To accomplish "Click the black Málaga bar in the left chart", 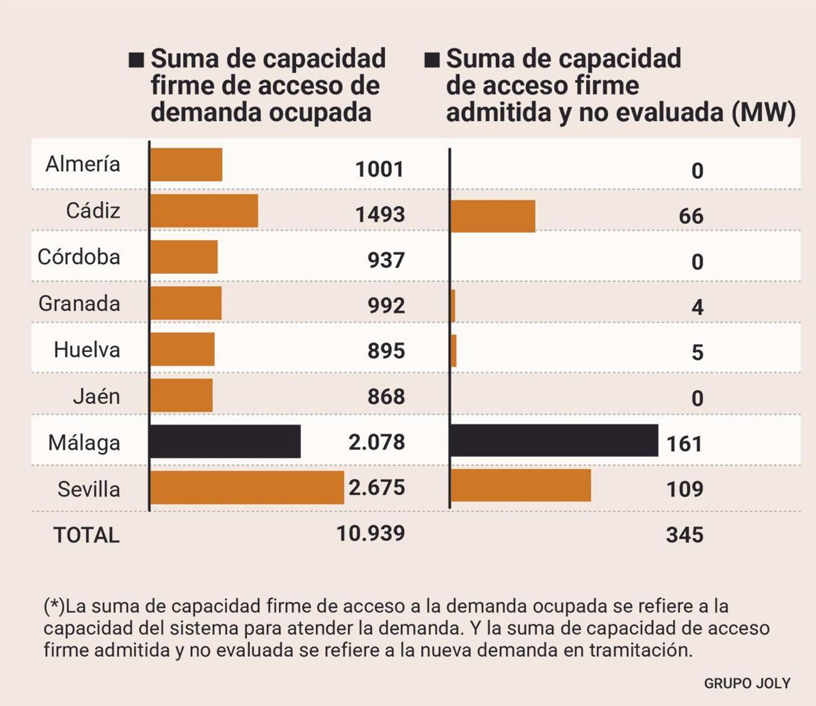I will pyautogui.click(x=225, y=442).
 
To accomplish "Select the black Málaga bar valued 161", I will pyautogui.click(x=554, y=441).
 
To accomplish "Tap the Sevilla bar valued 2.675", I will pyautogui.click(x=247, y=488).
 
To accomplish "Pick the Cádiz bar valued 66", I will pyautogui.click(x=493, y=216).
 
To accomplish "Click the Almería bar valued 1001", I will pyautogui.click(x=186, y=165).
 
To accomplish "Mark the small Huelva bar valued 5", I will pyautogui.click(x=454, y=351).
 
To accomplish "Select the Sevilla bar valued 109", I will pyautogui.click(x=521, y=485).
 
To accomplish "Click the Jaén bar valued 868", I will pyautogui.click(x=182, y=396).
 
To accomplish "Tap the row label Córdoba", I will pyautogui.click(x=79, y=257).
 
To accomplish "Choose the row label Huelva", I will pyautogui.click(x=87, y=350).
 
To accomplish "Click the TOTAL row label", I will pyautogui.click(x=87, y=535).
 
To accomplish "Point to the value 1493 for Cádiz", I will pyautogui.click(x=380, y=214).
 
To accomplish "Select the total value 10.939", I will pyautogui.click(x=371, y=533).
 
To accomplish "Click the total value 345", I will pyautogui.click(x=684, y=535).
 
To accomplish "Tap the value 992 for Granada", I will pyautogui.click(x=386, y=305).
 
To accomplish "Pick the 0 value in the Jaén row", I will pyautogui.click(x=697, y=398).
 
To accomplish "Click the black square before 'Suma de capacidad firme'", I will pyautogui.click(x=136, y=60).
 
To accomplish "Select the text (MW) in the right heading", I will pyautogui.click(x=763, y=112).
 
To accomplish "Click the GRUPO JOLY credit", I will pyautogui.click(x=747, y=684).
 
